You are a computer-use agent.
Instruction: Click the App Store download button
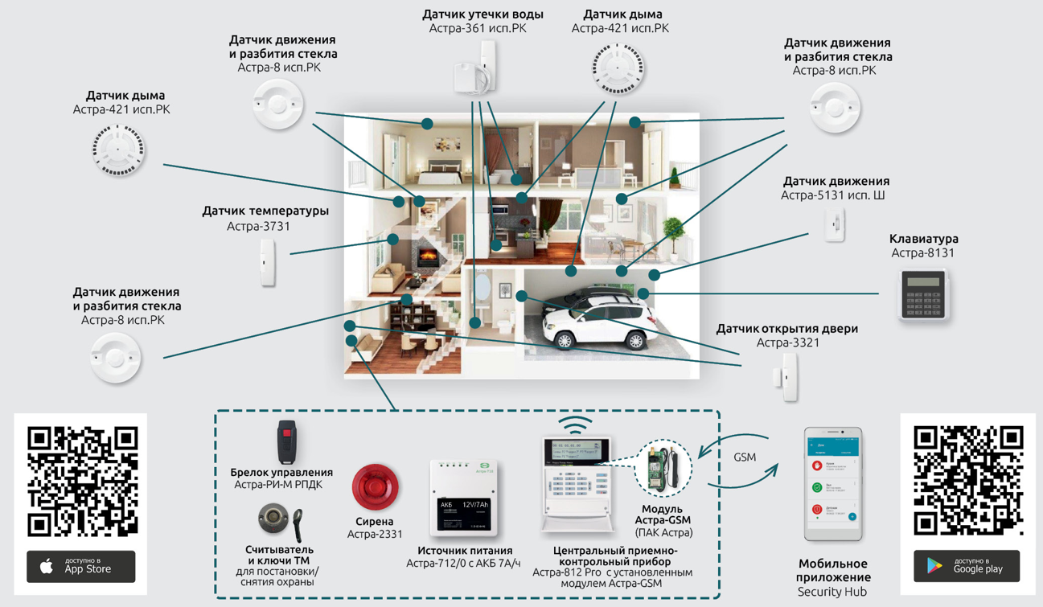pyautogui.click(x=80, y=566)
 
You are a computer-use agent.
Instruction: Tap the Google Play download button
pyautogui.click(x=966, y=566)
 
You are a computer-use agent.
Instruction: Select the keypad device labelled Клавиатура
pyautogui.click(x=922, y=294)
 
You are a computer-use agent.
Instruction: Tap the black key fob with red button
pyautogui.click(x=287, y=442)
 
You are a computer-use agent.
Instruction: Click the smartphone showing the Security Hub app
pyautogui.click(x=833, y=485)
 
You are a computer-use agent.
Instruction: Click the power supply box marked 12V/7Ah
pyautogui.click(x=462, y=499)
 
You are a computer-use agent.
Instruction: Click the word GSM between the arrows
pyautogui.click(x=745, y=457)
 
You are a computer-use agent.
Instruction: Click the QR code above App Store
pyautogui.click(x=82, y=481)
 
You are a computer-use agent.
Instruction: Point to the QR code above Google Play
pyautogui.click(x=968, y=481)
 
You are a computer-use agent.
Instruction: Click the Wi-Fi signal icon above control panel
pyautogui.click(x=575, y=424)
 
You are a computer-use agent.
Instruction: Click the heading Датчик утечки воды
pyautogui.click(x=482, y=14)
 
